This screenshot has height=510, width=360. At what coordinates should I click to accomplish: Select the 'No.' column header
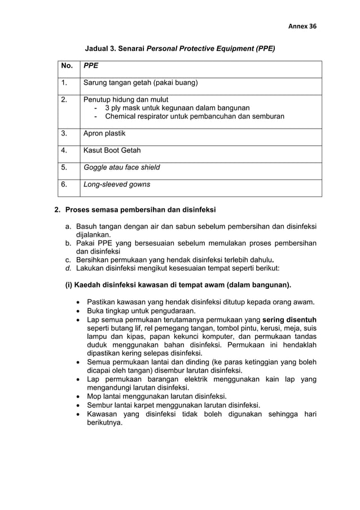67,66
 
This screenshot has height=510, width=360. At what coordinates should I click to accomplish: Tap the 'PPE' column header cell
91,66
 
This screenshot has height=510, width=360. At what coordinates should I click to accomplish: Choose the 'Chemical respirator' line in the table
195,116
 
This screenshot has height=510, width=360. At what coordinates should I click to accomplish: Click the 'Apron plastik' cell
104,133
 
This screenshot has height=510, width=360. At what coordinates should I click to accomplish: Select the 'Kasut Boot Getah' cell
112,150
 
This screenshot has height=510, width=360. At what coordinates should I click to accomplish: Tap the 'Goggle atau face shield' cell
121,167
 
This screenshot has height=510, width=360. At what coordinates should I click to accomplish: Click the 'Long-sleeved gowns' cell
116,184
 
